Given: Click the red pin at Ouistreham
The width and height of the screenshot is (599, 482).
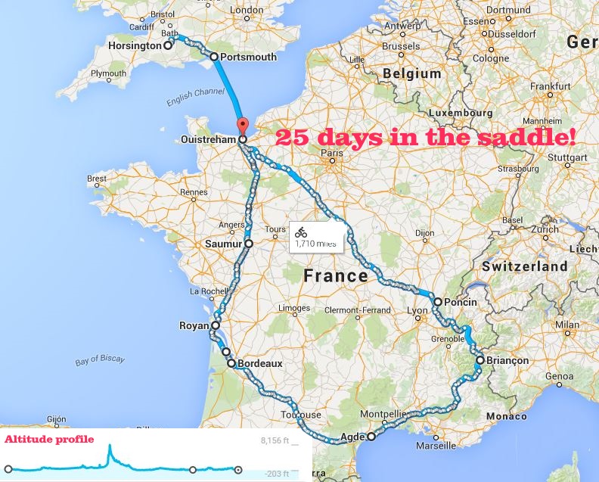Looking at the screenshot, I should pos(242,126).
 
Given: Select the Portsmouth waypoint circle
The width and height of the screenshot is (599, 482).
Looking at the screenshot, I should pos(214,57).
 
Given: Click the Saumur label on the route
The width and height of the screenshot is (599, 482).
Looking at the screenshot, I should pos(223,244).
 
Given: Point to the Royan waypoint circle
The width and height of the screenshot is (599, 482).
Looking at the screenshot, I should pos(215,326).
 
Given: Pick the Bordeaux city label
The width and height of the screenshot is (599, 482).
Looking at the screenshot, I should pos(259,364).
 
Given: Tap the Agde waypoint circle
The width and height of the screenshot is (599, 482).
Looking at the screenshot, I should pos(371,437).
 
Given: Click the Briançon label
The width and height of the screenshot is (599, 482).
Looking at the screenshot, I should pos(508,361).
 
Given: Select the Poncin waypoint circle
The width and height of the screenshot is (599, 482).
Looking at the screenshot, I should pos(437,302).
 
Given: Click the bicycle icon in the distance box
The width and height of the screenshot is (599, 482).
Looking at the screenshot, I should pos(301,232).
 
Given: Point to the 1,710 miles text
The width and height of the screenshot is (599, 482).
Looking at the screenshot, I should pos(318,244).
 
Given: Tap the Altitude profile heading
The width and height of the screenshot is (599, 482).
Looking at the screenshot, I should pos(50,439).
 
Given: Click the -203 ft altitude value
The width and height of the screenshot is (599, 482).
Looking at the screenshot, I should pos(277,473).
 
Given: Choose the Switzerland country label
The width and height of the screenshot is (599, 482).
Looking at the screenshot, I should pos(524,266).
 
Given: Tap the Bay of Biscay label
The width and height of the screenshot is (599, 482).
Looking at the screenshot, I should pos(100,361).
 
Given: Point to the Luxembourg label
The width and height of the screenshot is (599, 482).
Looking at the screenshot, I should pos(461,113).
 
